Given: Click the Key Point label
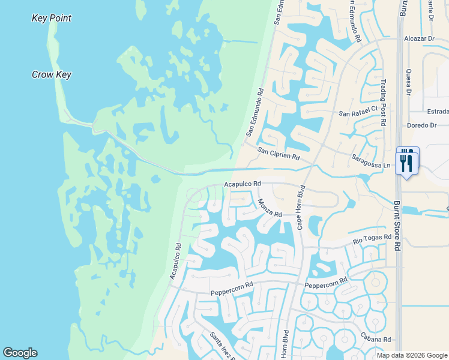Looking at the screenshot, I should point(51,19).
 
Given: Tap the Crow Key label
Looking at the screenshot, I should point(52,75).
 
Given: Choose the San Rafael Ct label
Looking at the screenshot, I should point(358,111).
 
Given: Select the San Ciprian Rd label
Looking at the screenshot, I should point(279,154).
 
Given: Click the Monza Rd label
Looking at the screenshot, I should point(270,208).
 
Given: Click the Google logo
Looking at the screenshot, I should point(20,353).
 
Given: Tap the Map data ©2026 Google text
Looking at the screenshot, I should point(411,355).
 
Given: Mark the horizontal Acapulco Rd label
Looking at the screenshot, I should point(242,184).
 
